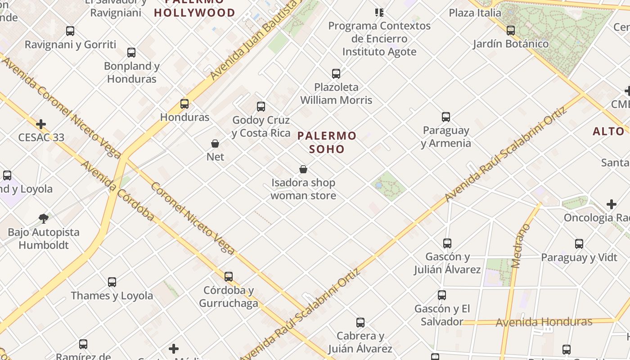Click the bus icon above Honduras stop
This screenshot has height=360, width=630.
point(184,104)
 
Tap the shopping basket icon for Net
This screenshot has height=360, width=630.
point(215,144)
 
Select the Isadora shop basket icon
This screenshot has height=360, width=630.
point(303,169)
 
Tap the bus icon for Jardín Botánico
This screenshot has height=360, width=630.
point(511,31)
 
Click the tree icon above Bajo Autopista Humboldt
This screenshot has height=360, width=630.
point(44,219)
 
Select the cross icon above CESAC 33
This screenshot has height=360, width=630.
point(41,124)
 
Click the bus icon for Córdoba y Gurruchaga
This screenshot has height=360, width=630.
point(229,276)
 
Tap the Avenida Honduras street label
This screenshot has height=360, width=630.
point(544,322)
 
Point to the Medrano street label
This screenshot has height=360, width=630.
point(521,246)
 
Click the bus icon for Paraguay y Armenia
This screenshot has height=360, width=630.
point(446,117)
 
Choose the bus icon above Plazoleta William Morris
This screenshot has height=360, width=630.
point(336,73)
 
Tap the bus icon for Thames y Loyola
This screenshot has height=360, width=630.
point(112,282)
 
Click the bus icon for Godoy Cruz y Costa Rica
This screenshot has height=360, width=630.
point(261,107)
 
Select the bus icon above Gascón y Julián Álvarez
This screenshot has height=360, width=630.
point(447,243)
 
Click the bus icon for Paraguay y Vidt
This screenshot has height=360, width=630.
point(579,244)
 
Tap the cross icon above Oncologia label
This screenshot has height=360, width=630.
point(611,204)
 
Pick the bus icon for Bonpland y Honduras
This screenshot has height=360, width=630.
point(131,53)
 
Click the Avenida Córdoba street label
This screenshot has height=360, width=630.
point(117,191)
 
